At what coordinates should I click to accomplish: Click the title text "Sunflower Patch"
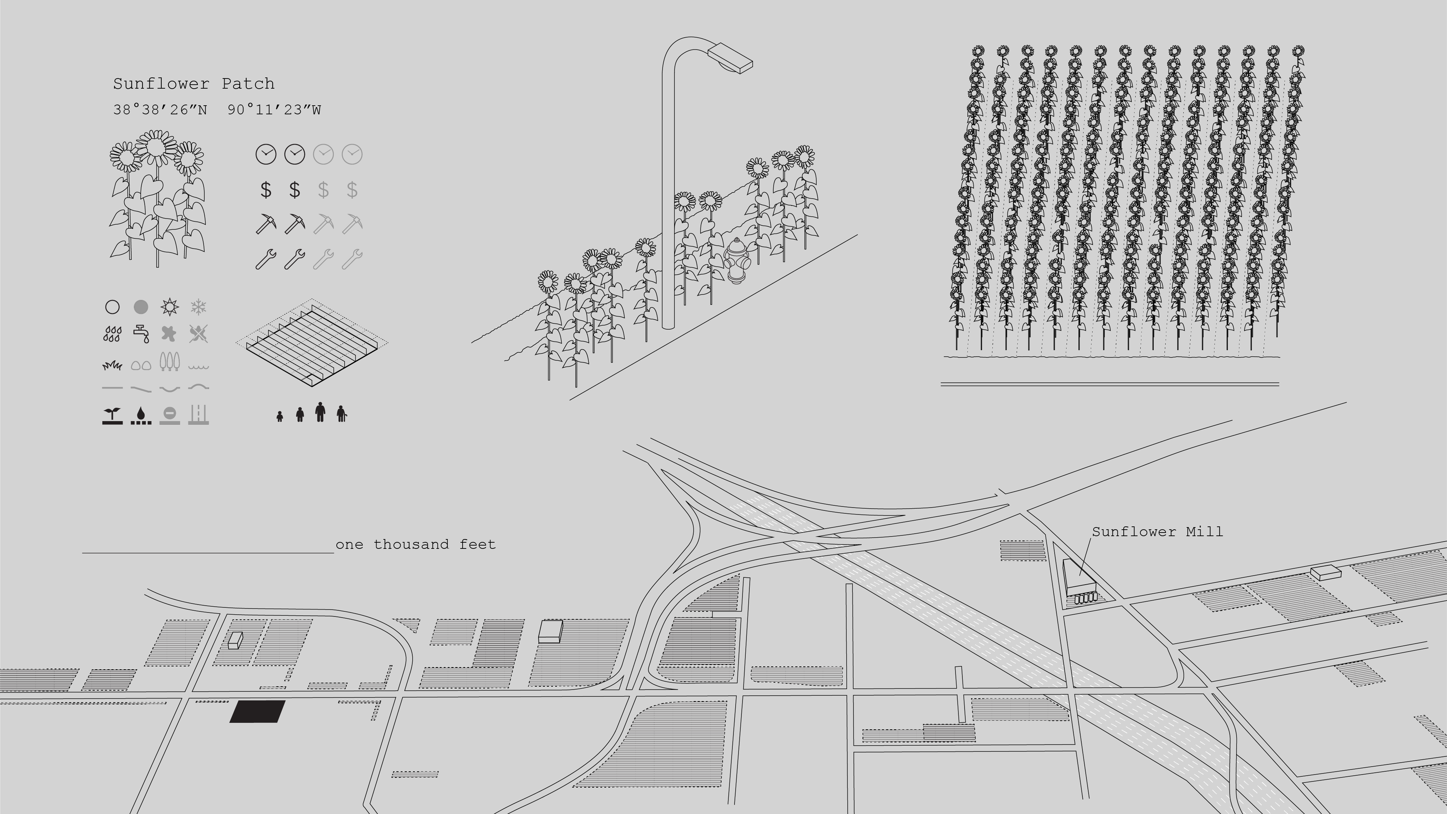(x=194, y=84)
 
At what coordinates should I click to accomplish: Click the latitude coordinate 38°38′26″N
(x=160, y=110)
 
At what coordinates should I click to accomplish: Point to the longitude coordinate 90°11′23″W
(x=274, y=110)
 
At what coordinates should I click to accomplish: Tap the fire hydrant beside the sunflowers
(x=736, y=260)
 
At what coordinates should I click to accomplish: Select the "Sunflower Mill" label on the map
(x=1157, y=531)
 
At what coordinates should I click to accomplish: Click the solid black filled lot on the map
(x=257, y=711)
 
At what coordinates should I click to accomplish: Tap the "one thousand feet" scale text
(x=416, y=544)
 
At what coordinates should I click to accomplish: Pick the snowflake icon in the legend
(x=198, y=307)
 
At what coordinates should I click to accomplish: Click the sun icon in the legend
(x=169, y=307)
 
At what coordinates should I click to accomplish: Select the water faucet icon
(x=141, y=334)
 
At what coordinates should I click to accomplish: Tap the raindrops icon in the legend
(x=112, y=334)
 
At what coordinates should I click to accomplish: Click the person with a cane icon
(x=341, y=414)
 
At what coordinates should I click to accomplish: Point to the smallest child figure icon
(x=280, y=416)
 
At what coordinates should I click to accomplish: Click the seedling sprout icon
(x=112, y=416)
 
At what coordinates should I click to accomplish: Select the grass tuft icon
(x=112, y=366)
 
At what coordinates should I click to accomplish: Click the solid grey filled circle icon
(x=141, y=307)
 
